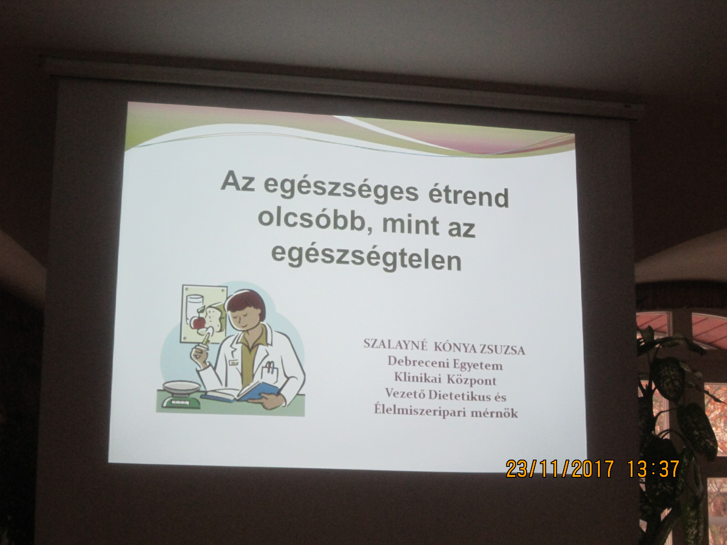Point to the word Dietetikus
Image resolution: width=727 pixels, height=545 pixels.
[x=467, y=395]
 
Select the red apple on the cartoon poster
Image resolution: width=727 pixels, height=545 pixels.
[x=199, y=322]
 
